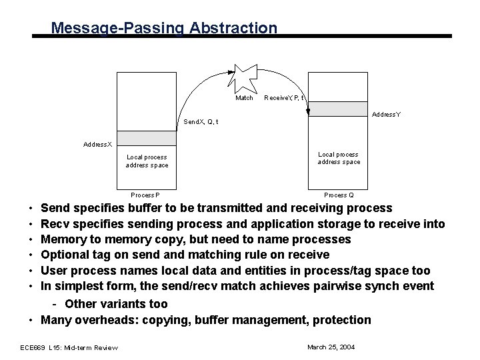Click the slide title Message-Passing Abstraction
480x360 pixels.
[163, 28]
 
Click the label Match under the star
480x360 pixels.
[245, 98]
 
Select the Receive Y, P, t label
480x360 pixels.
[284, 98]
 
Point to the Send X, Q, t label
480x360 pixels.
[201, 122]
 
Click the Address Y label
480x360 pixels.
[387, 115]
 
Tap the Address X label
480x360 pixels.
[98, 144]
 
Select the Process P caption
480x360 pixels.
[145, 195]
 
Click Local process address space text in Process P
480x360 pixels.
[147, 161]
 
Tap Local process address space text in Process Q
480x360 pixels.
[339, 158]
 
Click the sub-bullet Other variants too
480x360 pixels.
[116, 304]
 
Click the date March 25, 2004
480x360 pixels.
[331, 347]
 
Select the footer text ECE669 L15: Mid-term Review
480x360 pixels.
[69, 347]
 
